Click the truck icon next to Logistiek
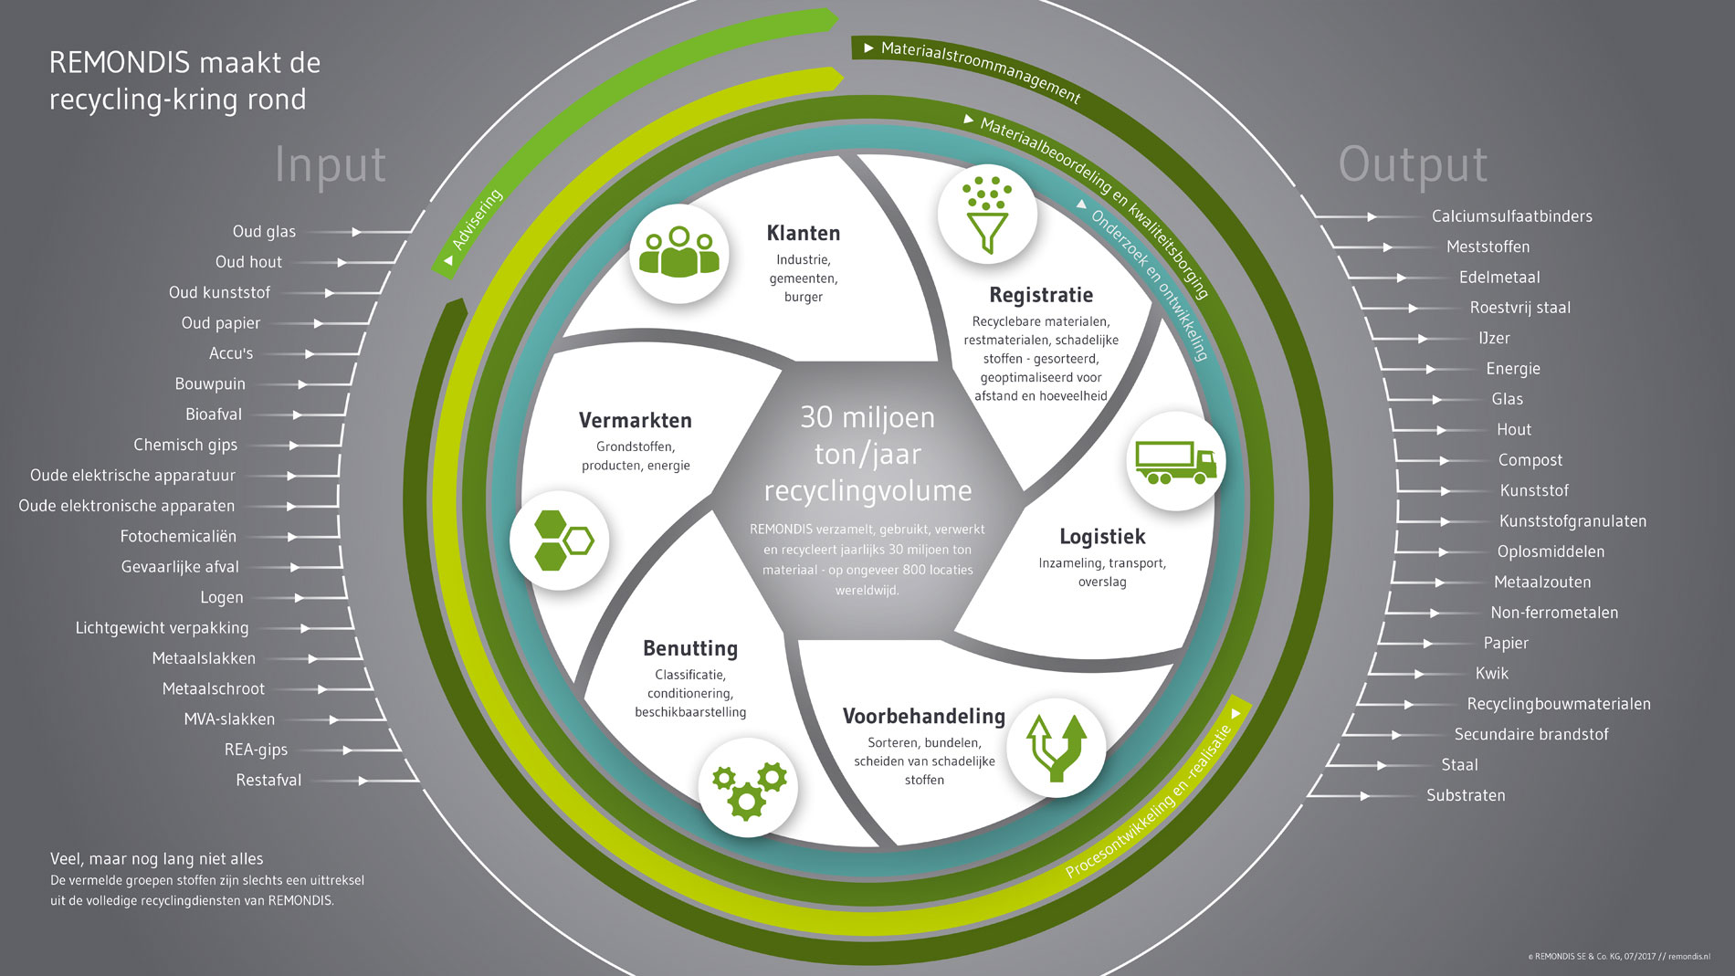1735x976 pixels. coord(1175,462)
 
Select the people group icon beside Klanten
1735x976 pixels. coord(678,252)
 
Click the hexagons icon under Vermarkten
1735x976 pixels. coord(563,540)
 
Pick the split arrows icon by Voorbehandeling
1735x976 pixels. coord(1057,748)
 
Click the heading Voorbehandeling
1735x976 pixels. coord(923,717)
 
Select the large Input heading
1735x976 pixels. coord(331,165)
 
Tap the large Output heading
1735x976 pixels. coord(1413,165)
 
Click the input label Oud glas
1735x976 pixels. coord(264,232)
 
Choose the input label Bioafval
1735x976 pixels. coord(214,415)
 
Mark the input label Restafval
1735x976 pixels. coord(268,781)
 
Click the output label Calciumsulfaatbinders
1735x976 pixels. coord(1512,216)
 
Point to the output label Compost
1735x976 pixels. coord(1530,460)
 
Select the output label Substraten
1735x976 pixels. coord(1466,795)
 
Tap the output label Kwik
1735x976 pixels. coord(1492,674)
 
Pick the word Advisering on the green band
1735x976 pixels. coord(478,219)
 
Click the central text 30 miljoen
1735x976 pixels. coord(867,417)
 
